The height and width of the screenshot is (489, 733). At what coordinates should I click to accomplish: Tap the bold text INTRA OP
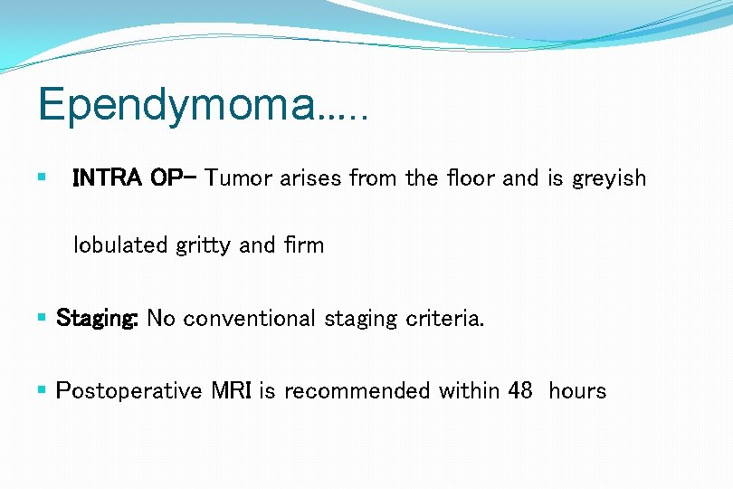coord(129,177)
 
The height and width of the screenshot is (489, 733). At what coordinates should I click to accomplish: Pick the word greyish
coord(609,179)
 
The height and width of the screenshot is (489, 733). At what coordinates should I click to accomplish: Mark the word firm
coord(301,244)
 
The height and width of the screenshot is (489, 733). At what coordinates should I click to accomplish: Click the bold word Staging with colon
coord(98,319)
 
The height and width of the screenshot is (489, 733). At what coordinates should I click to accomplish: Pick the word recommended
coord(357,390)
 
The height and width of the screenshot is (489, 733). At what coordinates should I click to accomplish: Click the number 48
coord(519,390)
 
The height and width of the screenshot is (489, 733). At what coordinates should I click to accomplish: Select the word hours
coord(577,390)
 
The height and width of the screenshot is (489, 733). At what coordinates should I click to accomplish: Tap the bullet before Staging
coord(43,318)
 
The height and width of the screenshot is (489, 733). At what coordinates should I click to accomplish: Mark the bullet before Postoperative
coord(43,390)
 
